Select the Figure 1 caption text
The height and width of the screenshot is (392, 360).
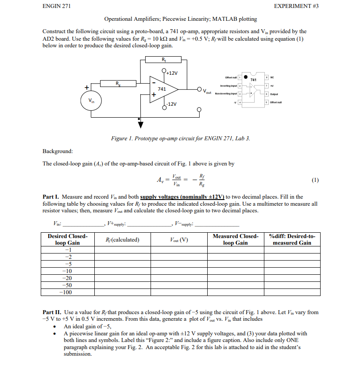point(180,138)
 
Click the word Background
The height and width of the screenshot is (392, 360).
point(58,151)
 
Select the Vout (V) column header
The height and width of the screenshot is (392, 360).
point(179,240)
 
